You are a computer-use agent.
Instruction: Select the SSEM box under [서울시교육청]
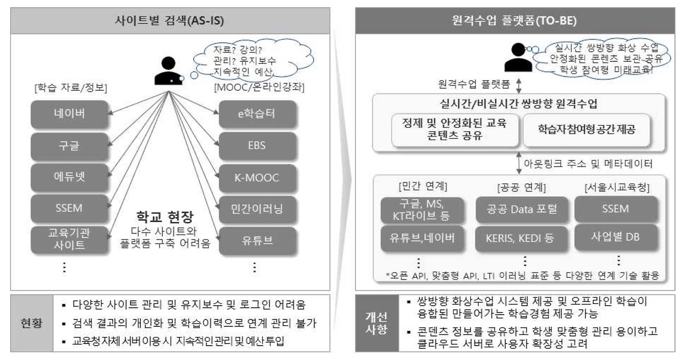pyautogui.click(x=616, y=209)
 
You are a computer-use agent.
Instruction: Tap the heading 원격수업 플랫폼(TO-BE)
pyautogui.click(x=517, y=22)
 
